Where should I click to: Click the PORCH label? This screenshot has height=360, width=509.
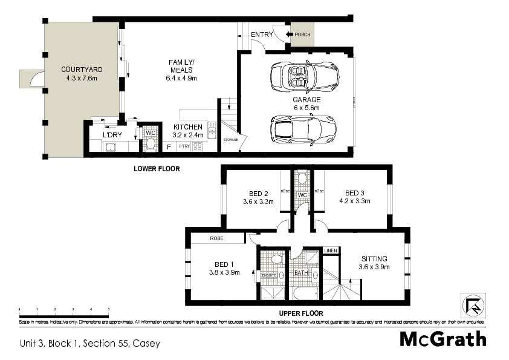click(x=302, y=34)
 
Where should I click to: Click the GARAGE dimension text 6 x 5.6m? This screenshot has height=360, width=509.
click(x=306, y=108)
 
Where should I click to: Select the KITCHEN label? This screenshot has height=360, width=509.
click(x=187, y=126)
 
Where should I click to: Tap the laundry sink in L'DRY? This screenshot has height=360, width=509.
click(x=111, y=146)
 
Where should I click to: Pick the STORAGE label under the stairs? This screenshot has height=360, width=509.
click(x=230, y=140)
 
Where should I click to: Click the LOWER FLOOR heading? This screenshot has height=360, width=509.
click(x=157, y=169)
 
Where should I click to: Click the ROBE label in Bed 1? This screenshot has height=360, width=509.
click(x=217, y=239)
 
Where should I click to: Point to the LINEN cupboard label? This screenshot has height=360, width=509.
click(x=330, y=250)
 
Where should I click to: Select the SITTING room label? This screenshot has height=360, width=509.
click(x=374, y=258)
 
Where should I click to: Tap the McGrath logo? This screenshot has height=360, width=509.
click(x=443, y=339)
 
